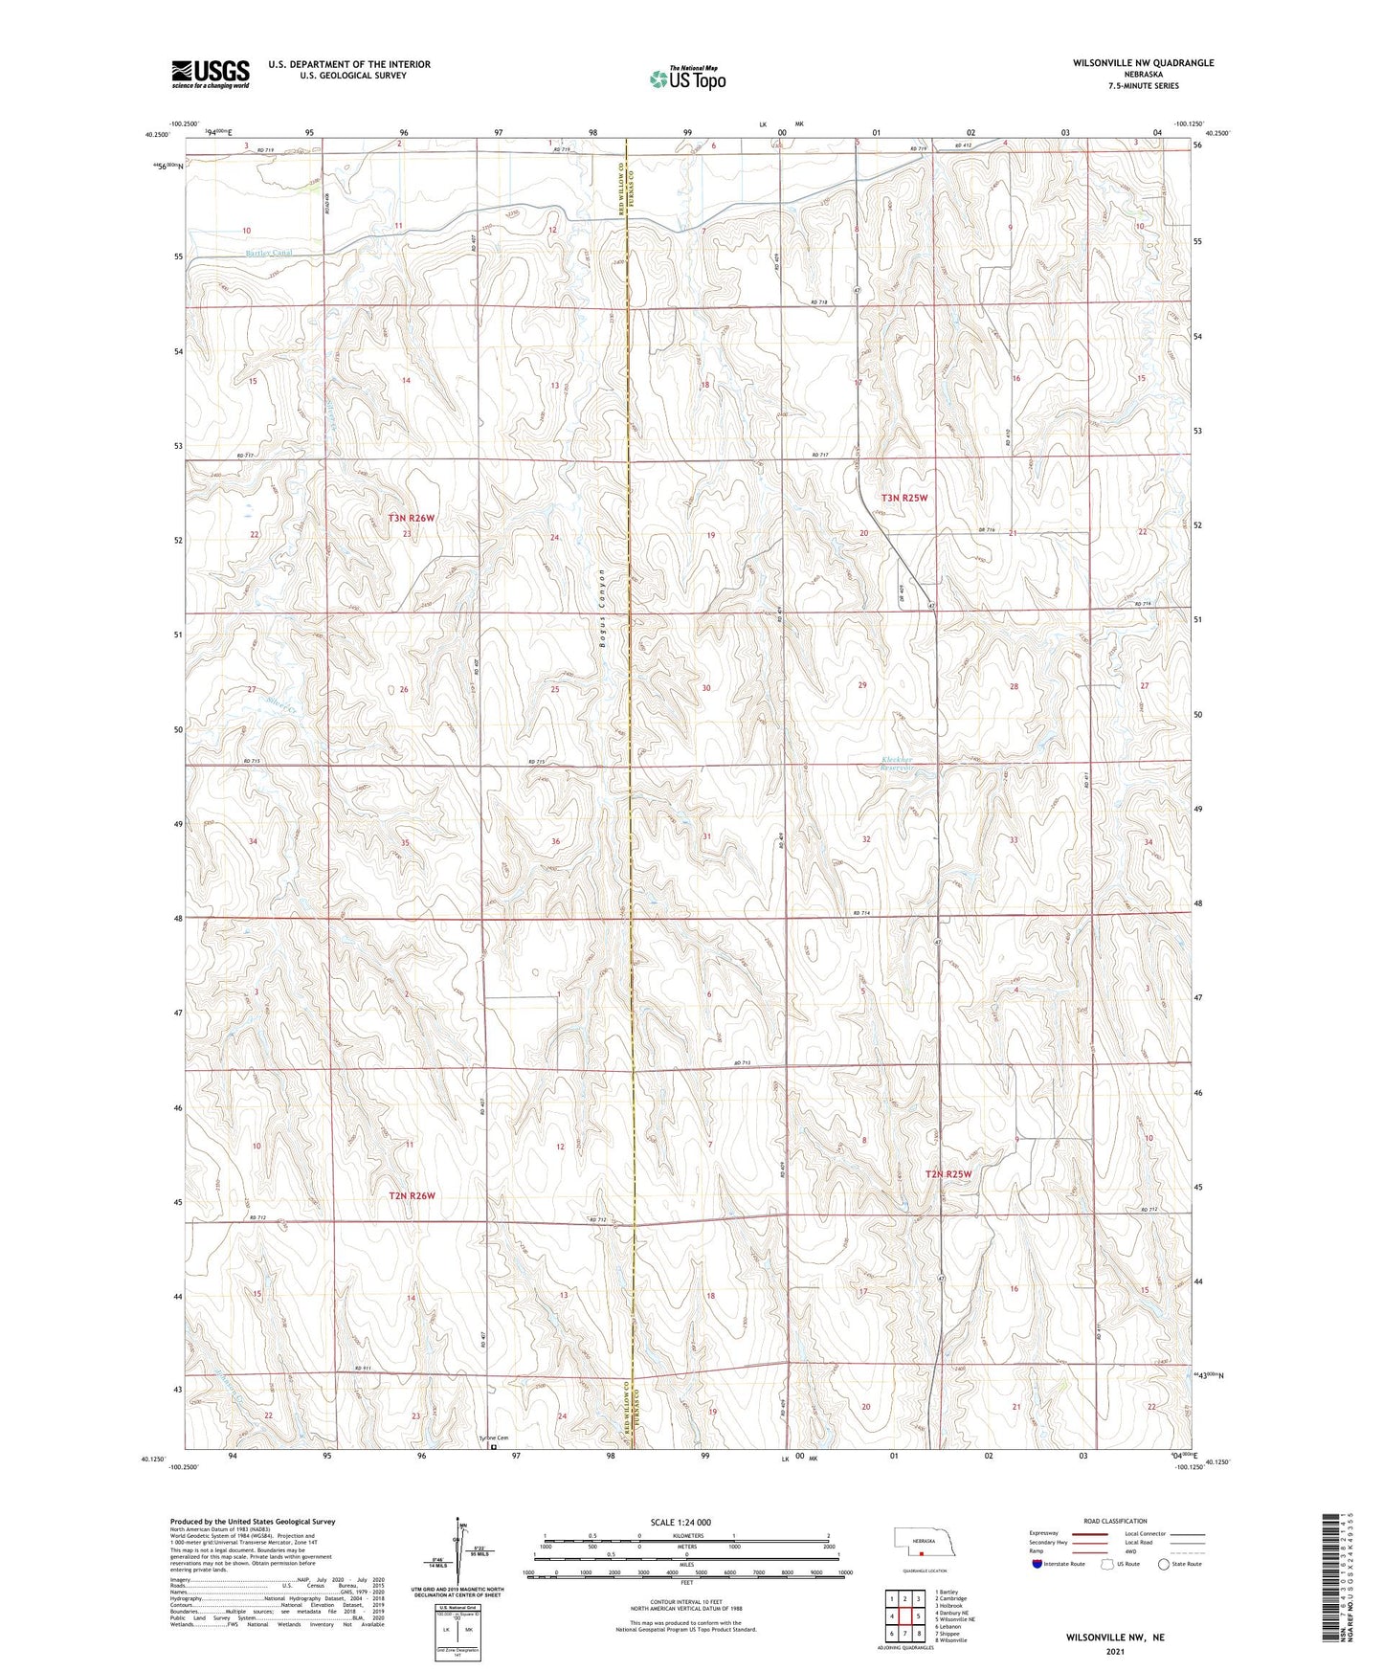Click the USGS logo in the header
(211, 73)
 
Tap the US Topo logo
(688, 78)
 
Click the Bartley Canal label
(269, 253)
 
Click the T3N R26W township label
(412, 518)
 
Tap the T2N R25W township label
(948, 1173)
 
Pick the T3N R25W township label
(904, 498)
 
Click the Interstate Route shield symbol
(1037, 1564)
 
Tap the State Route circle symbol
(1164, 1564)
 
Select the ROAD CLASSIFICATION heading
(1114, 1521)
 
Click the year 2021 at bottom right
(1115, 1652)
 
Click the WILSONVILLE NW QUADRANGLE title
(1140, 62)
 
